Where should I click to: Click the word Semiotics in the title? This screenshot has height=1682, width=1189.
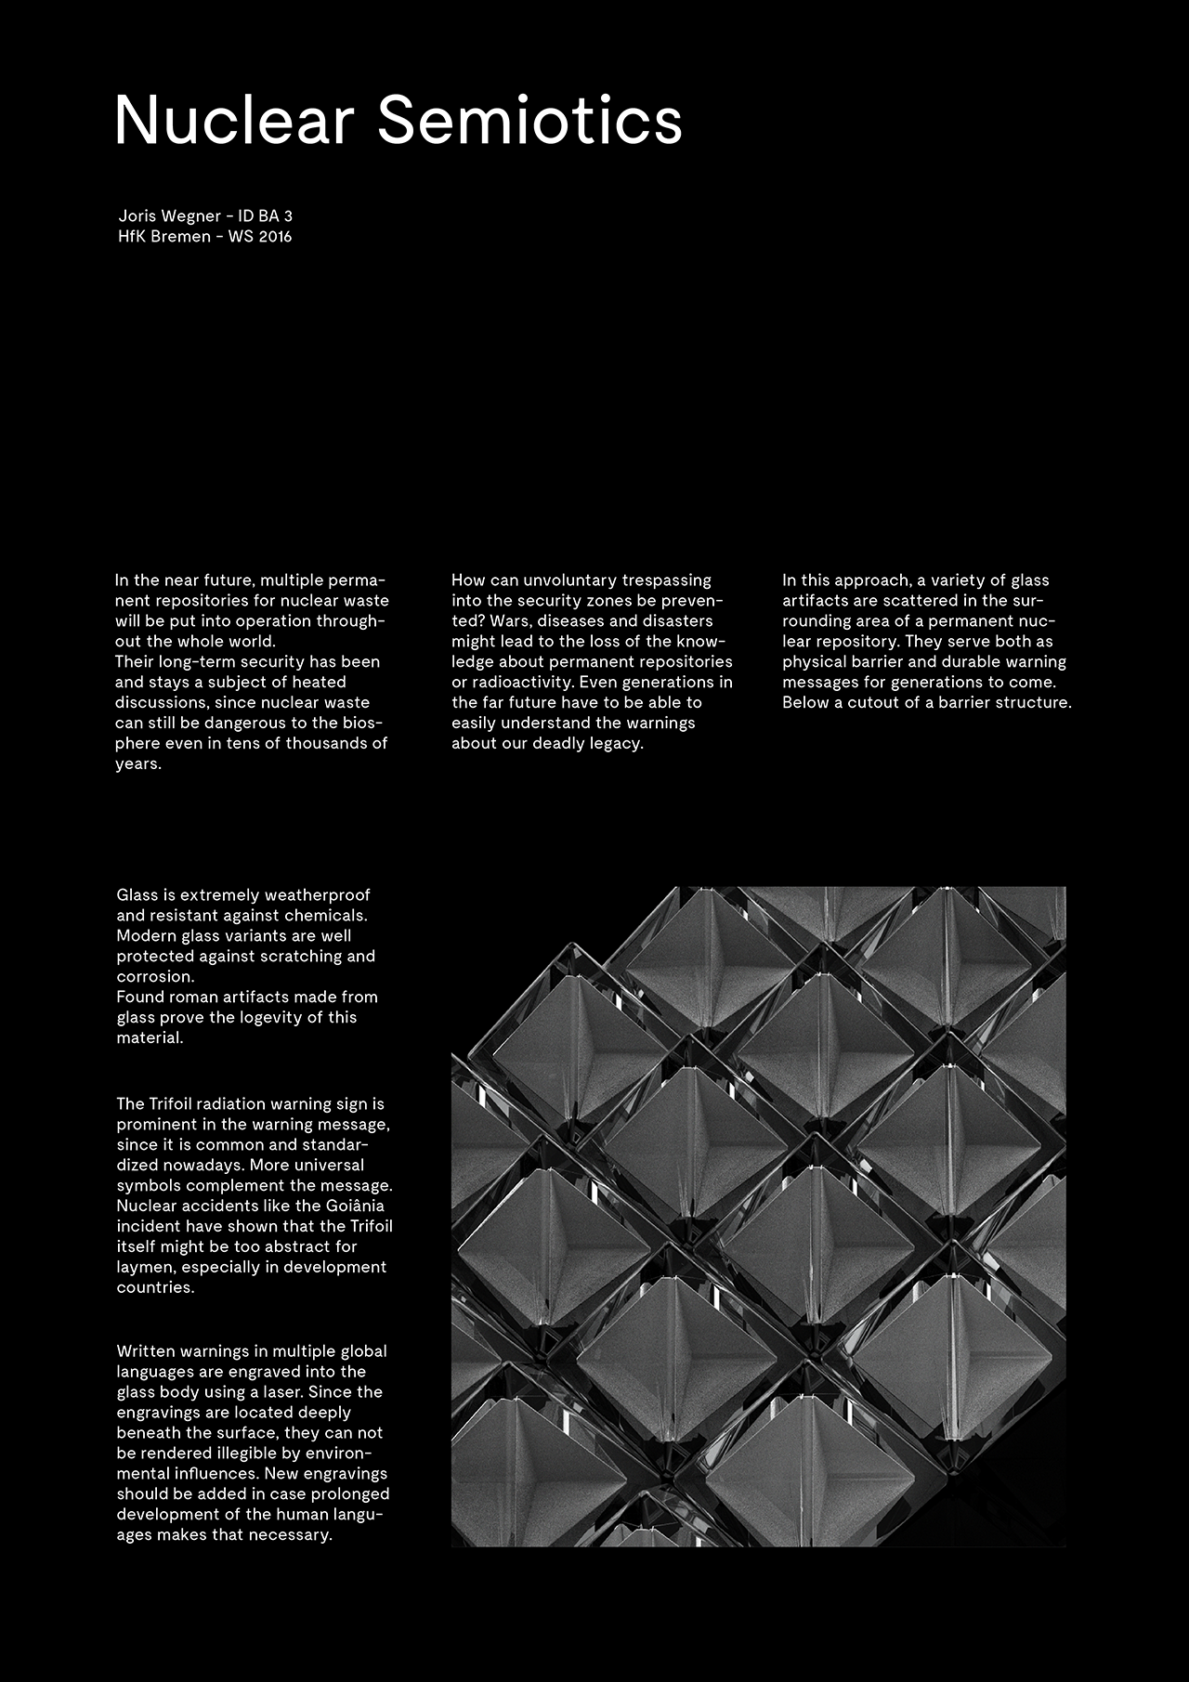coord(529,121)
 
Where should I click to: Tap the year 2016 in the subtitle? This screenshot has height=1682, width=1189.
coord(275,237)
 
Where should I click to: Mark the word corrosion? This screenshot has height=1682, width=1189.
coord(155,977)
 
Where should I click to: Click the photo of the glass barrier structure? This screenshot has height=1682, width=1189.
coord(758,1217)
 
